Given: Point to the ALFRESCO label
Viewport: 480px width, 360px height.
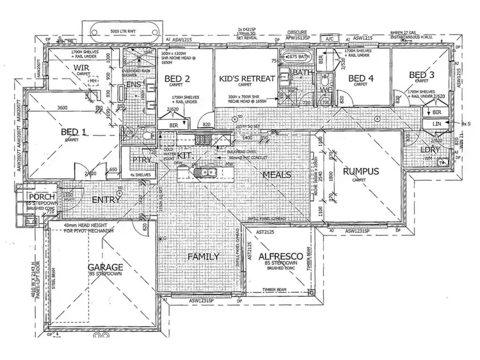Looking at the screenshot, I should (x=279, y=256).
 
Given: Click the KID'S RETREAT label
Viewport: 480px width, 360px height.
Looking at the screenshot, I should (x=246, y=78).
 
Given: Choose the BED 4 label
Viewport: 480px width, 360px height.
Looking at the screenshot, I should (x=361, y=79).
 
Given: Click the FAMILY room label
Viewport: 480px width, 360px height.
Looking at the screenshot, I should (x=203, y=256).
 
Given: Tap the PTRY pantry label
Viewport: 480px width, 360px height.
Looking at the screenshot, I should (x=141, y=160).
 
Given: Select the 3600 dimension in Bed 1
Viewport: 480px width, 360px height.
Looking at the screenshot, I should (x=63, y=109).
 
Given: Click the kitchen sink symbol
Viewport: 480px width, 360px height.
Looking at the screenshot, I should (x=210, y=171).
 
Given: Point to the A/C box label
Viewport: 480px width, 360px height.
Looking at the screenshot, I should (x=331, y=38).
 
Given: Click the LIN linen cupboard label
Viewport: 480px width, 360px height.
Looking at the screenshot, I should (x=438, y=123).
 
